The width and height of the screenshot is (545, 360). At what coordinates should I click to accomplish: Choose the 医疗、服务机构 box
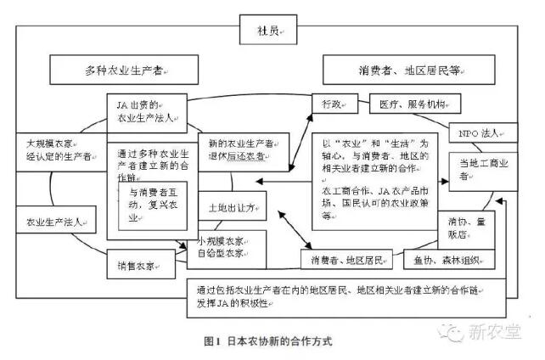pos(414,104)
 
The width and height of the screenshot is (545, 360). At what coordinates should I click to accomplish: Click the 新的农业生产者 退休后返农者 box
pos(243,149)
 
